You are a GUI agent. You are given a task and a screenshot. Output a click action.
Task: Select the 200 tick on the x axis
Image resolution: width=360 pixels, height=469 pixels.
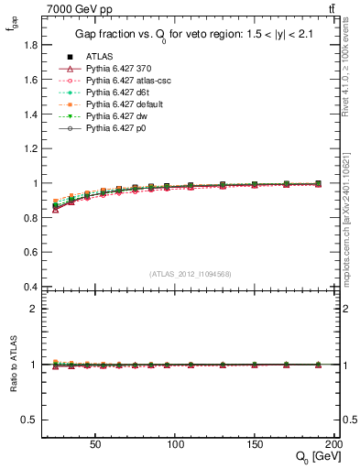[x=334, y=442]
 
